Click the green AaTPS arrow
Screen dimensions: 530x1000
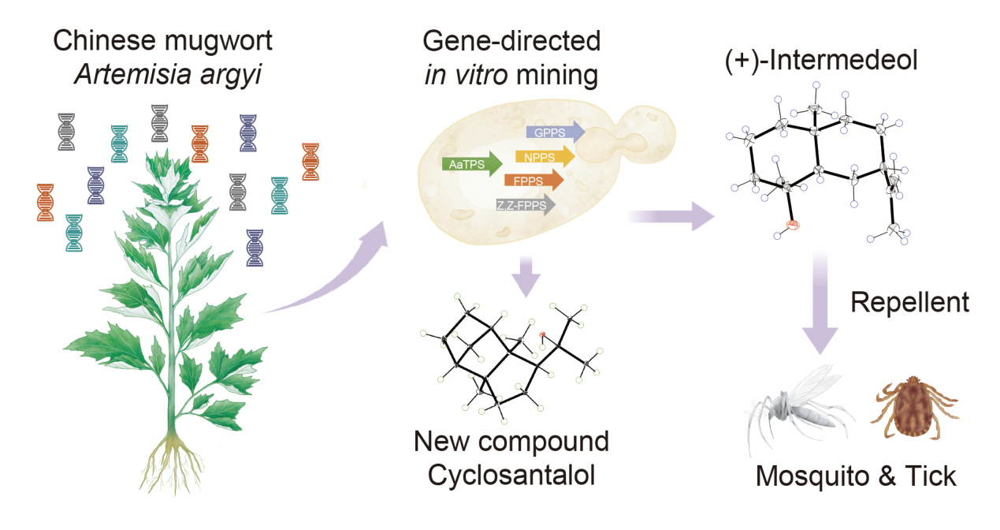pyautogui.click(x=471, y=164)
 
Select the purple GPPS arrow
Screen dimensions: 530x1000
pyautogui.click(x=554, y=132)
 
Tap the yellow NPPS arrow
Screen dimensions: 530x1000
pyautogui.click(x=544, y=157)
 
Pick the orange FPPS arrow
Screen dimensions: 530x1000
pyautogui.click(x=533, y=181)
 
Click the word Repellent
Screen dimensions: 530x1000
pyautogui.click(x=909, y=303)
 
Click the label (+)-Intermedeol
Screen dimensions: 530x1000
pyautogui.click(x=821, y=61)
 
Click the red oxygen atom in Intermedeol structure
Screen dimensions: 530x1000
pyautogui.click(x=794, y=226)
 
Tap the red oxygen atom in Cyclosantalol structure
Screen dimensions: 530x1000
pyautogui.click(x=543, y=335)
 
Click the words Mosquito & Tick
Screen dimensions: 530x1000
pyautogui.click(x=856, y=476)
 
